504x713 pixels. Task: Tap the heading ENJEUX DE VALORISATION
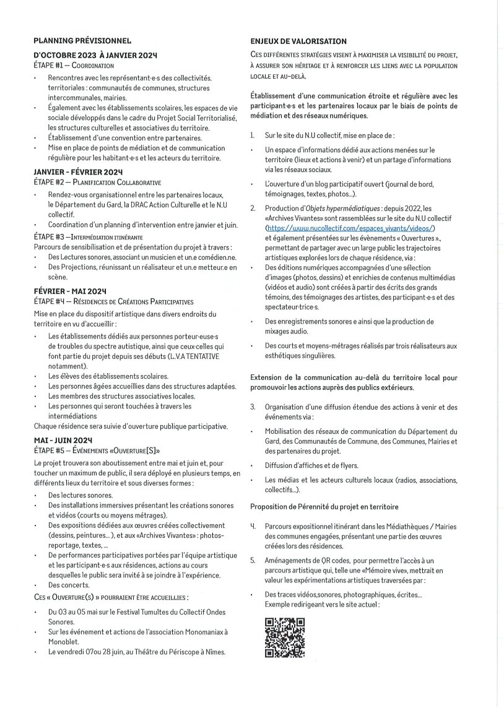pos(298,41)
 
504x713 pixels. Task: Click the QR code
pos(285,637)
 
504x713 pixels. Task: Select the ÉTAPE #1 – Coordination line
pos(74,64)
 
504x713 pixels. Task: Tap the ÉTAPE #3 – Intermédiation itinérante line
pos(88,236)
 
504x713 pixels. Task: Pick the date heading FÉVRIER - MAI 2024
pos(71,291)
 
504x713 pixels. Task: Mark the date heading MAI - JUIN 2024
pos(64,439)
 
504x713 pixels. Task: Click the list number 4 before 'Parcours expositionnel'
pos(253,525)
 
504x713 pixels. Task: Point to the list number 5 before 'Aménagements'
pos(253,560)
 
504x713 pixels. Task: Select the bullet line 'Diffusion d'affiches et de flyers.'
pos(311,465)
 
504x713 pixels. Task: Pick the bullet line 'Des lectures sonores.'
pos(80,495)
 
